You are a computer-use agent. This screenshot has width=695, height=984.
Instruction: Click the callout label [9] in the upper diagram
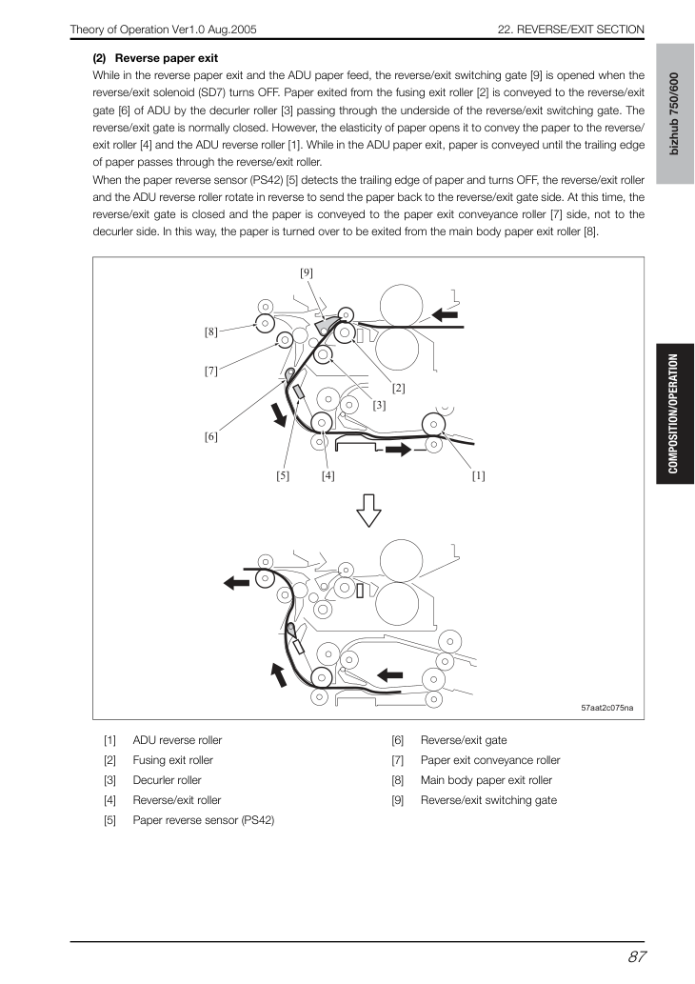307,272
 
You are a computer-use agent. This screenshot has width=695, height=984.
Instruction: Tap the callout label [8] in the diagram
210,332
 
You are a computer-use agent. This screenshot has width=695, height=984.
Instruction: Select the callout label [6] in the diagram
210,436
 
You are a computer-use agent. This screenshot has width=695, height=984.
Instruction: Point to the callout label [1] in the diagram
478,475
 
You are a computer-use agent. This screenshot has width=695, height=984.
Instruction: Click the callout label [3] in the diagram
379,406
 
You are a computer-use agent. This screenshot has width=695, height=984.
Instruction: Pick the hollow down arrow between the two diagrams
368,511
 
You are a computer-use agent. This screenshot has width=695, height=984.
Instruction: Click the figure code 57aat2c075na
606,708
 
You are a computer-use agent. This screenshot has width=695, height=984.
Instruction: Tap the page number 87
636,957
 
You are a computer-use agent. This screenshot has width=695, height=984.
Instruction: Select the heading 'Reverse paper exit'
167,58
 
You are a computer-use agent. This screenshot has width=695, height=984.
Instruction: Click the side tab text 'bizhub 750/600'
674,113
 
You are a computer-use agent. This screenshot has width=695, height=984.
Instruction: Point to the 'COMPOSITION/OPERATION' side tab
674,413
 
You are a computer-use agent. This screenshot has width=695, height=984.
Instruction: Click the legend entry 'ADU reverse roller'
177,740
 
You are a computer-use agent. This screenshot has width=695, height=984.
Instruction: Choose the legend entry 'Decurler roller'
167,781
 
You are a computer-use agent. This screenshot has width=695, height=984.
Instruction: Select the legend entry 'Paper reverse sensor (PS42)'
203,820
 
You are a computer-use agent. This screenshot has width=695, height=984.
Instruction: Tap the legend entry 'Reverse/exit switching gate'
488,800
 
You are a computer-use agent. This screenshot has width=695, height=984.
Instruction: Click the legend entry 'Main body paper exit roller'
486,781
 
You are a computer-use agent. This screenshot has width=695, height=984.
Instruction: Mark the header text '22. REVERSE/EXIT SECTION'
571,30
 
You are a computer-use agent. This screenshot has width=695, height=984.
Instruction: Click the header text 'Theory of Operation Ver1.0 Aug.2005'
163,30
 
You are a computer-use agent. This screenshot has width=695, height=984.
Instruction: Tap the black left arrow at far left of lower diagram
237,584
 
